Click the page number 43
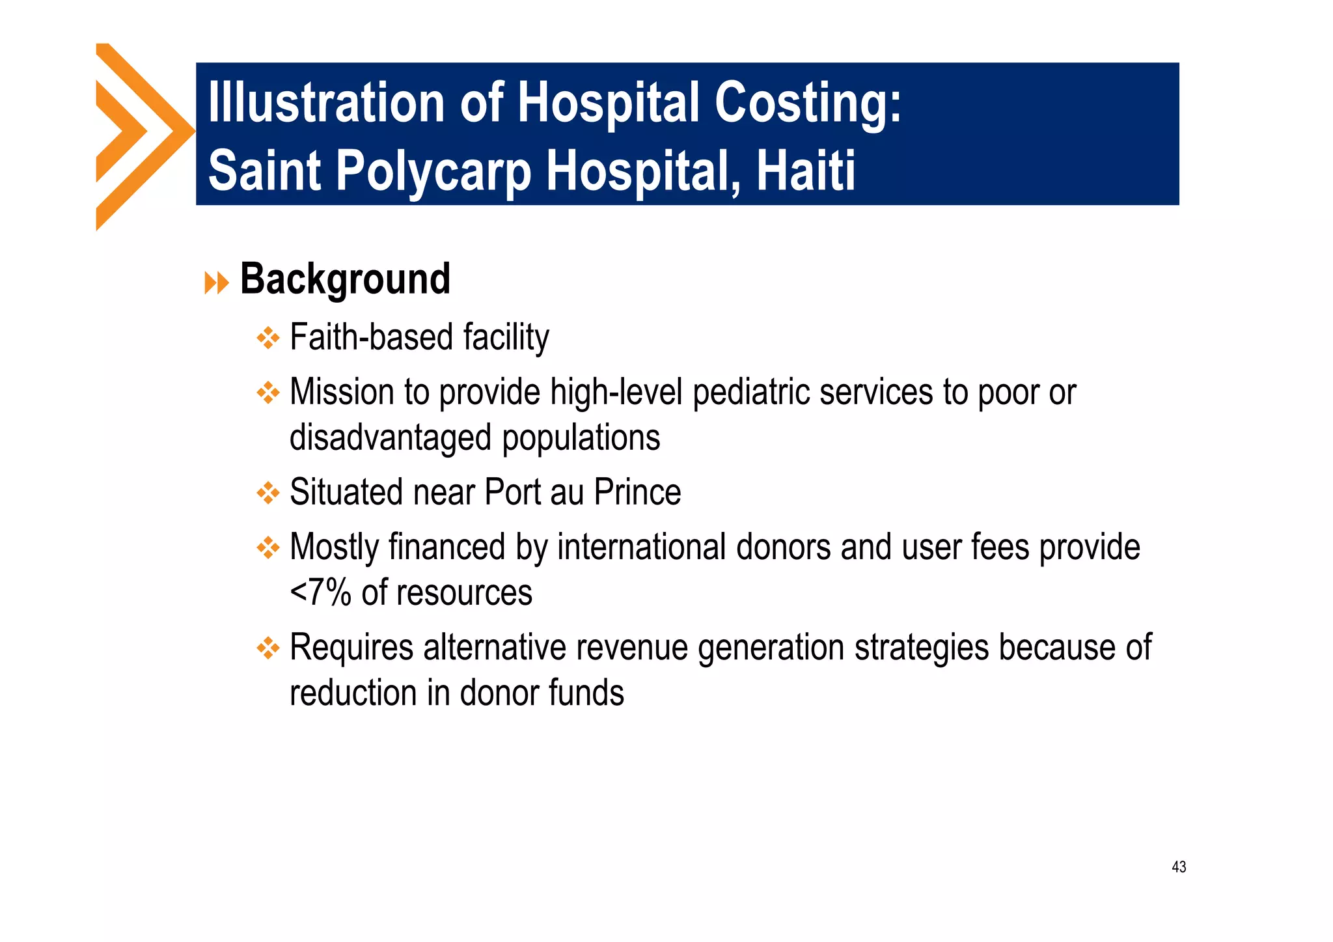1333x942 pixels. [1178, 866]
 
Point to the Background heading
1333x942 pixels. [345, 280]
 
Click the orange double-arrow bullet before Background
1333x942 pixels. [216, 283]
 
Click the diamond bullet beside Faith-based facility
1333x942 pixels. [268, 339]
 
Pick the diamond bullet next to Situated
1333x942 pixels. [268, 493]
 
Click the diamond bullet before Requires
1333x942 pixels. [268, 648]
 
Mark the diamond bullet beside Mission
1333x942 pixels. [268, 393]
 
